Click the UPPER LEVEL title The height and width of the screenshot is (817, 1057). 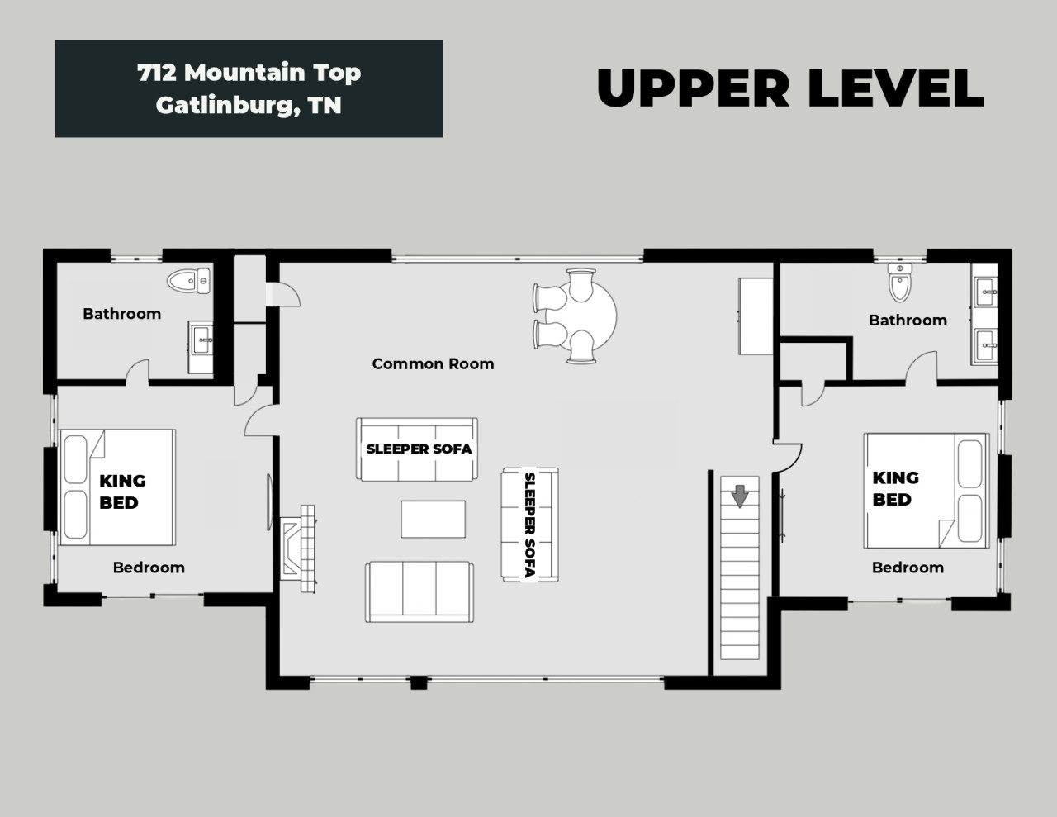click(x=790, y=88)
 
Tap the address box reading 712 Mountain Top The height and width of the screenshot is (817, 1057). click(x=249, y=88)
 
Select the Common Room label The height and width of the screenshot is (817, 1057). click(x=433, y=363)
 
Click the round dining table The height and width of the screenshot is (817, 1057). click(x=581, y=316)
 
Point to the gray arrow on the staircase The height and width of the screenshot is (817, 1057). click(x=740, y=496)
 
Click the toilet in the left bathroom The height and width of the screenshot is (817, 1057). click(x=189, y=281)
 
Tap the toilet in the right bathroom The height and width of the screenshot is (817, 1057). click(x=900, y=283)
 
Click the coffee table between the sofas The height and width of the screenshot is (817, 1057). click(x=433, y=520)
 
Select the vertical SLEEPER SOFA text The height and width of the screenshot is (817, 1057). click(x=530, y=525)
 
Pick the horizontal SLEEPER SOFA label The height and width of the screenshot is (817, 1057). click(x=419, y=449)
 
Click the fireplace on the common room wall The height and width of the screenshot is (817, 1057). click(x=297, y=549)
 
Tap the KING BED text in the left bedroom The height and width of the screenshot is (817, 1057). click(x=122, y=492)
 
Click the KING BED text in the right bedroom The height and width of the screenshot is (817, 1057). click(x=895, y=488)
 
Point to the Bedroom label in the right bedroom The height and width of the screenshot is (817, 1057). click(x=908, y=568)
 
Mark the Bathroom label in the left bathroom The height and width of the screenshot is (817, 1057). click(x=121, y=314)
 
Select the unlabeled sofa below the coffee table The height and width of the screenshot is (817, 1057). click(x=419, y=591)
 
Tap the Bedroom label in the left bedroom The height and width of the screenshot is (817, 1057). click(x=149, y=568)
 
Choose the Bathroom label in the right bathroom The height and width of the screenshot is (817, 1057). click(x=908, y=321)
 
